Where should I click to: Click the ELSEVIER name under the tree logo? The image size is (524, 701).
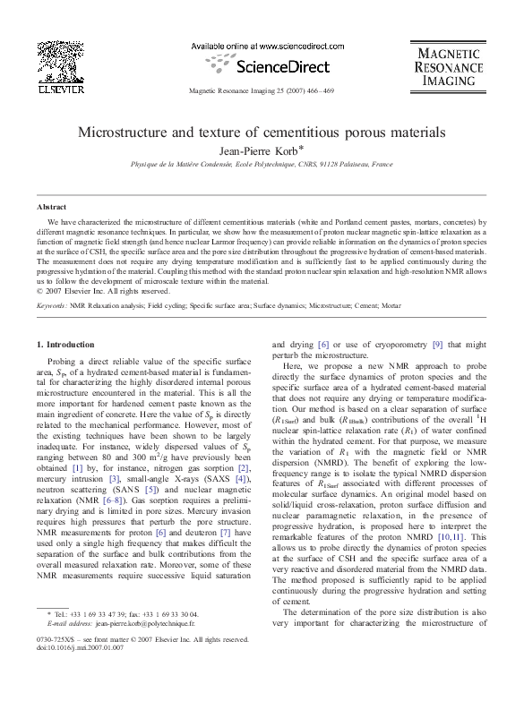[x=58, y=89]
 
